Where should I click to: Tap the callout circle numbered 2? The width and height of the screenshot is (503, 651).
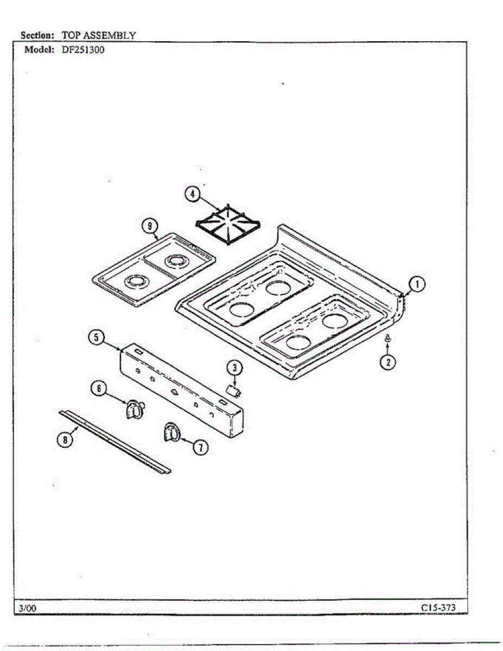387,362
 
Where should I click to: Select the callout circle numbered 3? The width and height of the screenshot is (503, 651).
234,368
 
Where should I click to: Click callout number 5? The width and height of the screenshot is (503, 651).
95,337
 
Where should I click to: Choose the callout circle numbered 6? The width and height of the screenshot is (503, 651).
99,390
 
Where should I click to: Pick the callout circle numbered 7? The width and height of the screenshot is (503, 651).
200,446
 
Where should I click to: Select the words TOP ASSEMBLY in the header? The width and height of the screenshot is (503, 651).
98,35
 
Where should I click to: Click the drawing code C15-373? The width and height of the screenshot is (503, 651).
438,608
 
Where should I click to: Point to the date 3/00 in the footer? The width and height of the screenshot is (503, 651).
27,609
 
